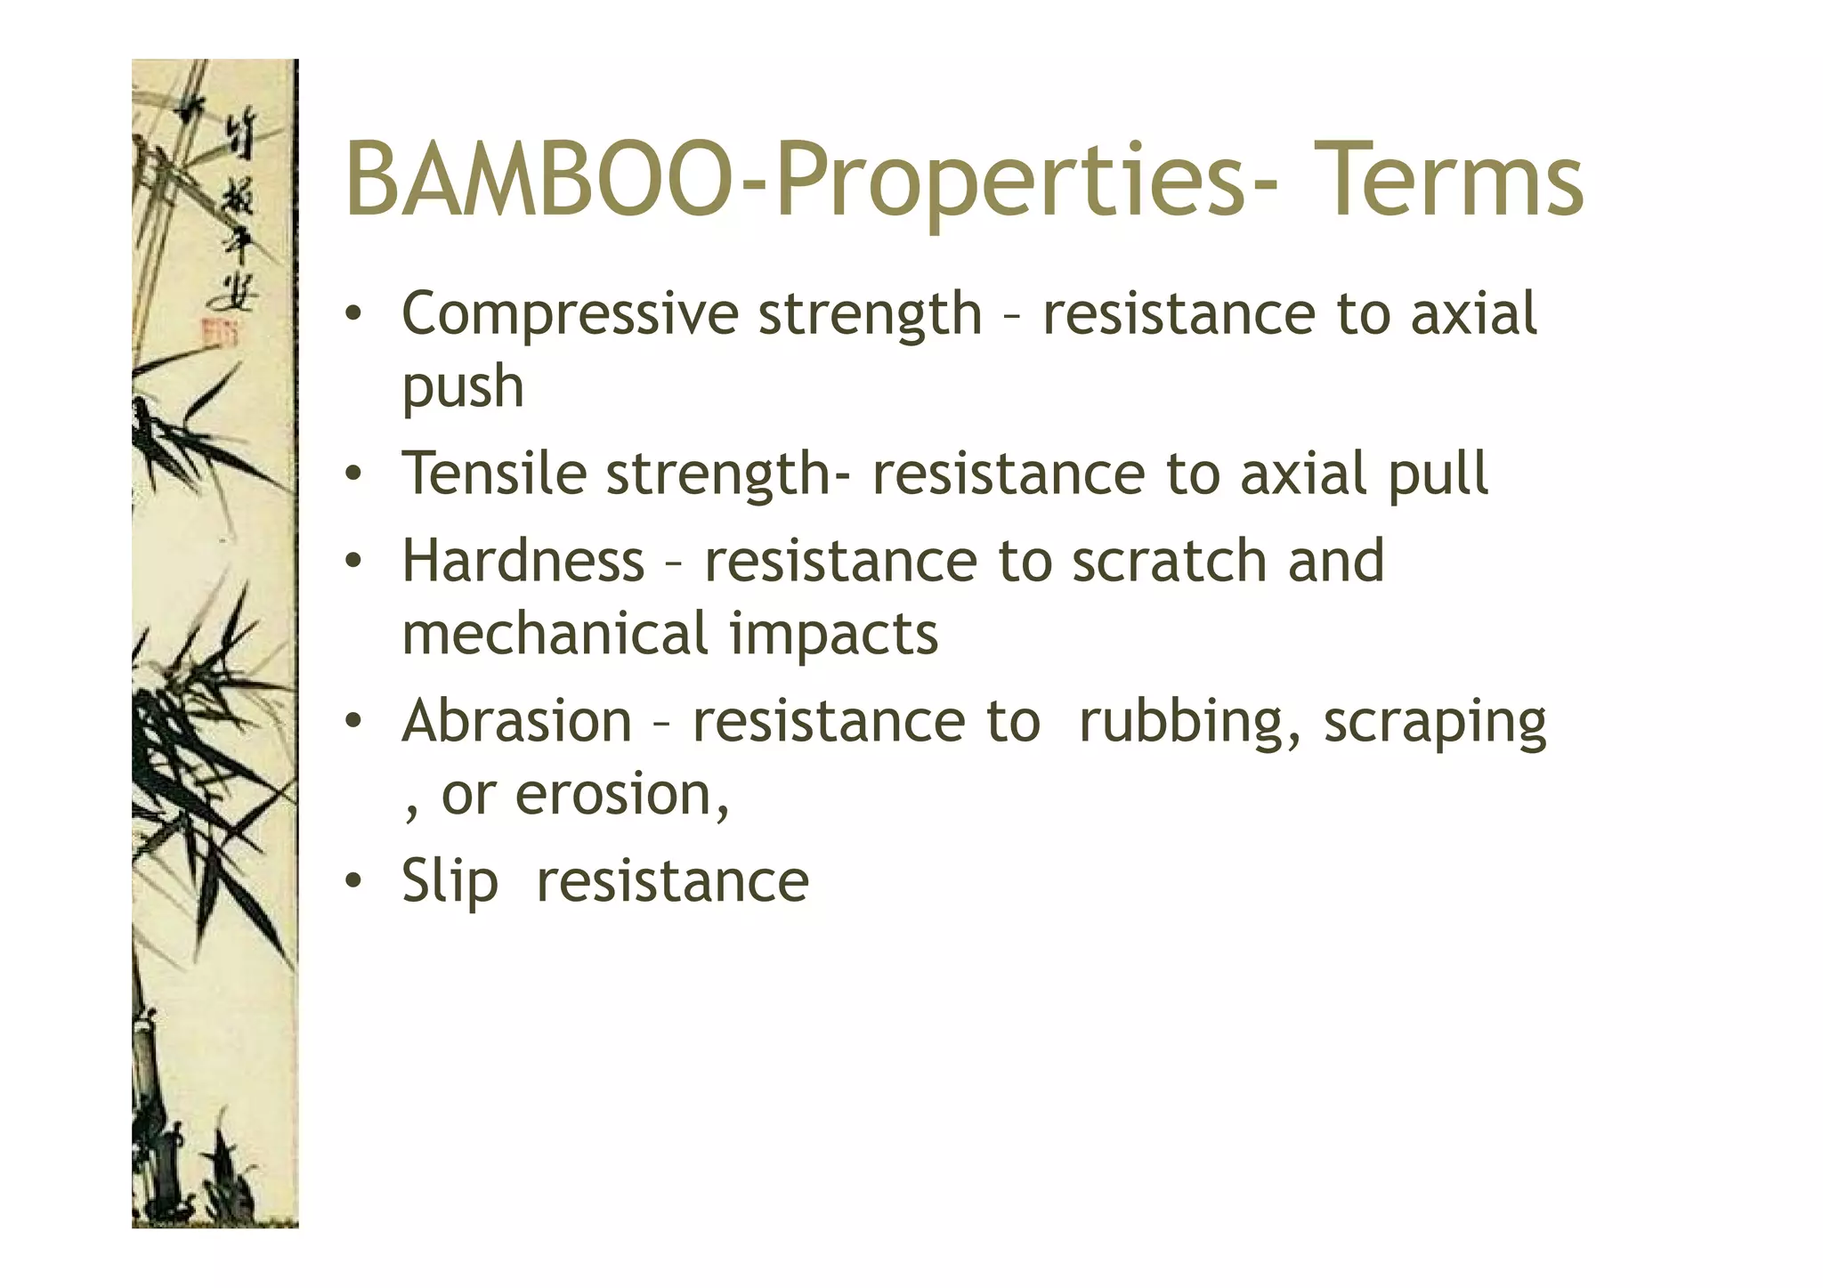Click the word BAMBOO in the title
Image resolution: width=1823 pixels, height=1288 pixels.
[x=534, y=181]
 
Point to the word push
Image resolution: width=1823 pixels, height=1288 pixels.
[x=463, y=389]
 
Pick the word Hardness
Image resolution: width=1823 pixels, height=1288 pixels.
[x=523, y=562]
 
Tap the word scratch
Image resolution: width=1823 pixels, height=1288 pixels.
[x=1169, y=562]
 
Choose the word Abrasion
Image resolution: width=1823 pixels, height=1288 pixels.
[x=517, y=721]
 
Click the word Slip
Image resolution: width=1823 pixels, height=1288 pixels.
[x=450, y=882]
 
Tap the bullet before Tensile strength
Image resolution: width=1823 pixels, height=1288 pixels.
[x=353, y=474]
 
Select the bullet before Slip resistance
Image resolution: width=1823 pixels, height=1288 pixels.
[x=353, y=882]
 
